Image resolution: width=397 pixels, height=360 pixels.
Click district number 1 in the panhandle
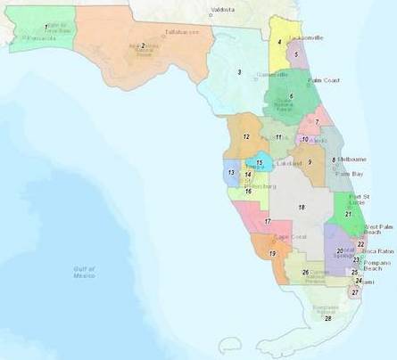(x=45, y=27)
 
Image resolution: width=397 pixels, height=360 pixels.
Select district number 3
(x=239, y=71)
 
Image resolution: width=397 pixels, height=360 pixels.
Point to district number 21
(x=347, y=214)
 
